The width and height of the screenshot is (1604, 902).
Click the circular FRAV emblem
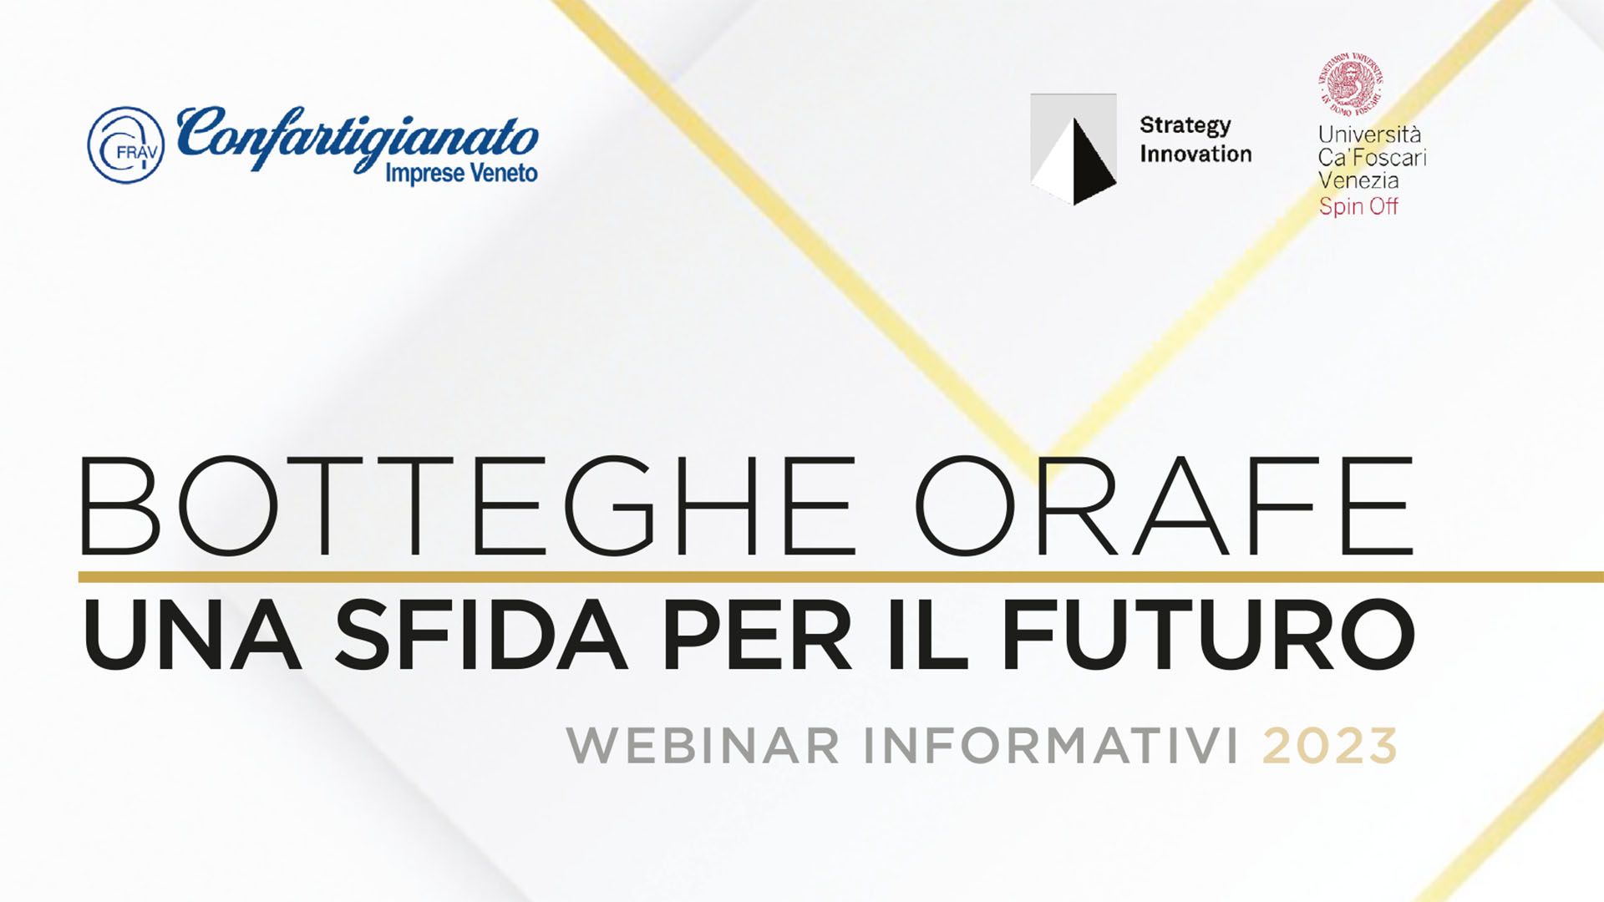[125, 144]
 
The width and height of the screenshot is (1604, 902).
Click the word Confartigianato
[358, 137]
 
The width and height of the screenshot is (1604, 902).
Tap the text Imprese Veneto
[461, 174]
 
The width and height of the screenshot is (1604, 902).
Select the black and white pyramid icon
[1074, 149]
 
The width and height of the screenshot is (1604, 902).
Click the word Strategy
[1185, 125]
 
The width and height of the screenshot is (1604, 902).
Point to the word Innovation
[1195, 154]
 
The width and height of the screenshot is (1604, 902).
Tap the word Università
[1369, 134]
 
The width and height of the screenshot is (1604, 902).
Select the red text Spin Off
[1358, 206]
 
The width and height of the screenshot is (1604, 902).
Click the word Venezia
[1358, 180]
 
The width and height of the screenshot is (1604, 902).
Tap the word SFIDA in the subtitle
[480, 636]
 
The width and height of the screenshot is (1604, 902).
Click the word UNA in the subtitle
[191, 636]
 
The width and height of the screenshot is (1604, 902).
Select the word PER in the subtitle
[757, 636]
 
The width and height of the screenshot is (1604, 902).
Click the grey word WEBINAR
[703, 746]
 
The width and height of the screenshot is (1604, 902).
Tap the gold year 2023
[1330, 746]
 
